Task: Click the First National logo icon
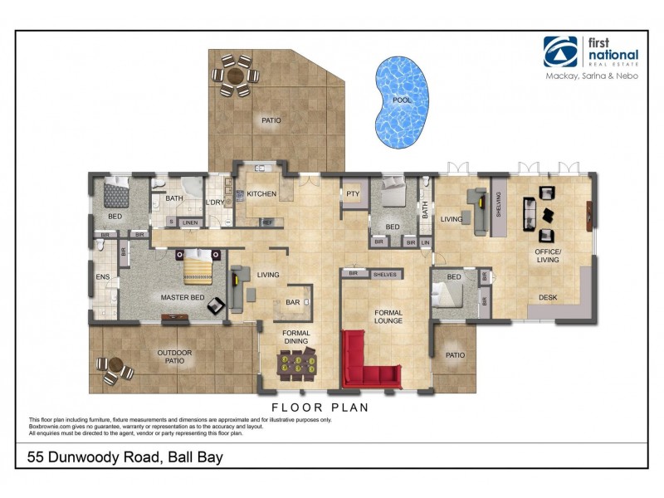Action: tap(559, 51)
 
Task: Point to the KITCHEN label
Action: tap(261, 194)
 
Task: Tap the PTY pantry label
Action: tap(353, 194)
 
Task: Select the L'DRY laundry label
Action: tap(215, 203)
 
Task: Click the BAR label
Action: tap(293, 303)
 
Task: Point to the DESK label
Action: tap(548, 297)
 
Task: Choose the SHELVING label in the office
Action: tap(500, 204)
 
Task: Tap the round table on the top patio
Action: tap(235, 74)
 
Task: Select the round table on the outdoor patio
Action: tap(115, 369)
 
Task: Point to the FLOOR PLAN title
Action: tap(320, 408)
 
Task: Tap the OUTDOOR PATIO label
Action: tap(175, 358)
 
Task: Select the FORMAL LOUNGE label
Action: tap(388, 316)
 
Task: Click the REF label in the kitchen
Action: tap(267, 222)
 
